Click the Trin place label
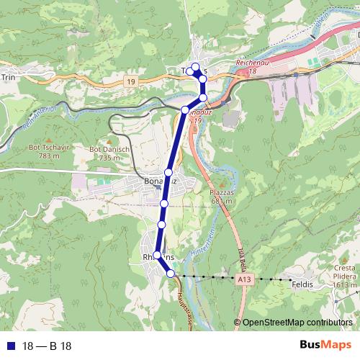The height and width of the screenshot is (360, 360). [x=9, y=76]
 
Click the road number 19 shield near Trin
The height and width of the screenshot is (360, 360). [x=129, y=82]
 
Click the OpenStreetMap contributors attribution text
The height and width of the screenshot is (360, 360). [x=297, y=323]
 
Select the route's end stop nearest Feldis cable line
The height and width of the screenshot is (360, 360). [x=171, y=274]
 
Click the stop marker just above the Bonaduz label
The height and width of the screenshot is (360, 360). [x=168, y=172]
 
